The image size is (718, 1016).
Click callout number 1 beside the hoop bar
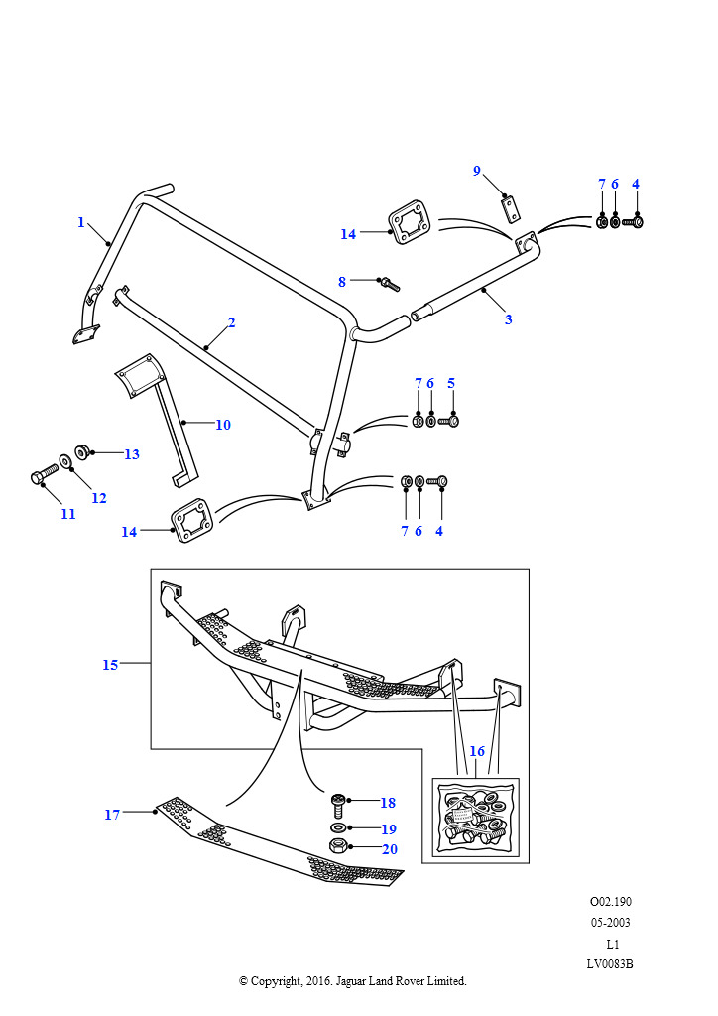[x=81, y=222]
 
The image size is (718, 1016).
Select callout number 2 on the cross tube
[x=231, y=322]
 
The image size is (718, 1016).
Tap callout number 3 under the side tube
[x=509, y=319]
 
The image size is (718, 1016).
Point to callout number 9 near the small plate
[x=476, y=171]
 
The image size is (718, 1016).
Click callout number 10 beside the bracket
[x=223, y=425]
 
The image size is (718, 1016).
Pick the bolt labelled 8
[x=389, y=285]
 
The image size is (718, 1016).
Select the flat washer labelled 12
[x=65, y=460]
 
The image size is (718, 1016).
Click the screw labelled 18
[x=339, y=800]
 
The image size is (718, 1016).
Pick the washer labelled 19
[x=339, y=826]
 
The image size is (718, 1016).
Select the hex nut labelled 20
[x=337, y=846]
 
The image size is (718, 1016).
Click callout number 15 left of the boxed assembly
[x=110, y=665]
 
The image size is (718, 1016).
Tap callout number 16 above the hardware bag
[x=477, y=751]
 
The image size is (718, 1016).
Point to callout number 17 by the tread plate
[x=112, y=815]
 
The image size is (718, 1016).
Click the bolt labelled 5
[x=451, y=422]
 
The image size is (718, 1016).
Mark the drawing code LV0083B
[x=610, y=963]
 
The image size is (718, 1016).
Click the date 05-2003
[x=610, y=923]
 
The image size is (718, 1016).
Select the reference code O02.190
[x=610, y=902]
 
